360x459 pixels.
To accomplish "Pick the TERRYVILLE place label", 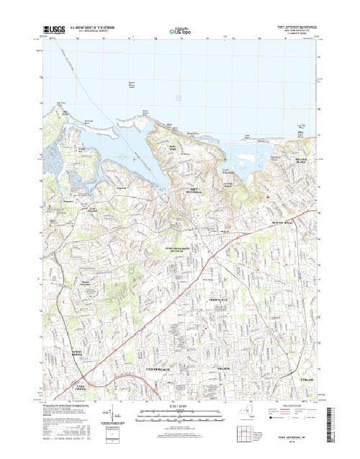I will tap(217, 299).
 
